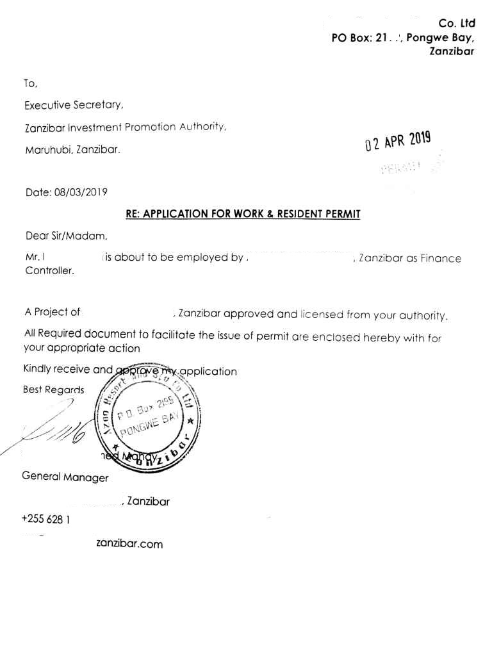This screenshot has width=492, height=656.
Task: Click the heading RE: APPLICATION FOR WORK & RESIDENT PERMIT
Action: (x=243, y=214)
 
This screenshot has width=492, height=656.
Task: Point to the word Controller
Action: (x=49, y=270)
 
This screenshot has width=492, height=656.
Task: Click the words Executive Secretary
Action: (x=74, y=104)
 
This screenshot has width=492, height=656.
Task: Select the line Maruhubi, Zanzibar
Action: (x=72, y=151)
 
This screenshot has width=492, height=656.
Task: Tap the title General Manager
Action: (x=65, y=477)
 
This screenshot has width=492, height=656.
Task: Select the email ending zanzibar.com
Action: (x=129, y=544)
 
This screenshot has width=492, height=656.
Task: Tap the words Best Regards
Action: (x=54, y=389)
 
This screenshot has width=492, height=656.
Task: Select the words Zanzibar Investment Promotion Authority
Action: (x=125, y=127)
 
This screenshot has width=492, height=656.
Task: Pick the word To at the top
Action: (x=31, y=83)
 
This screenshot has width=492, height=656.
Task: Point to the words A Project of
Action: (x=53, y=313)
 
